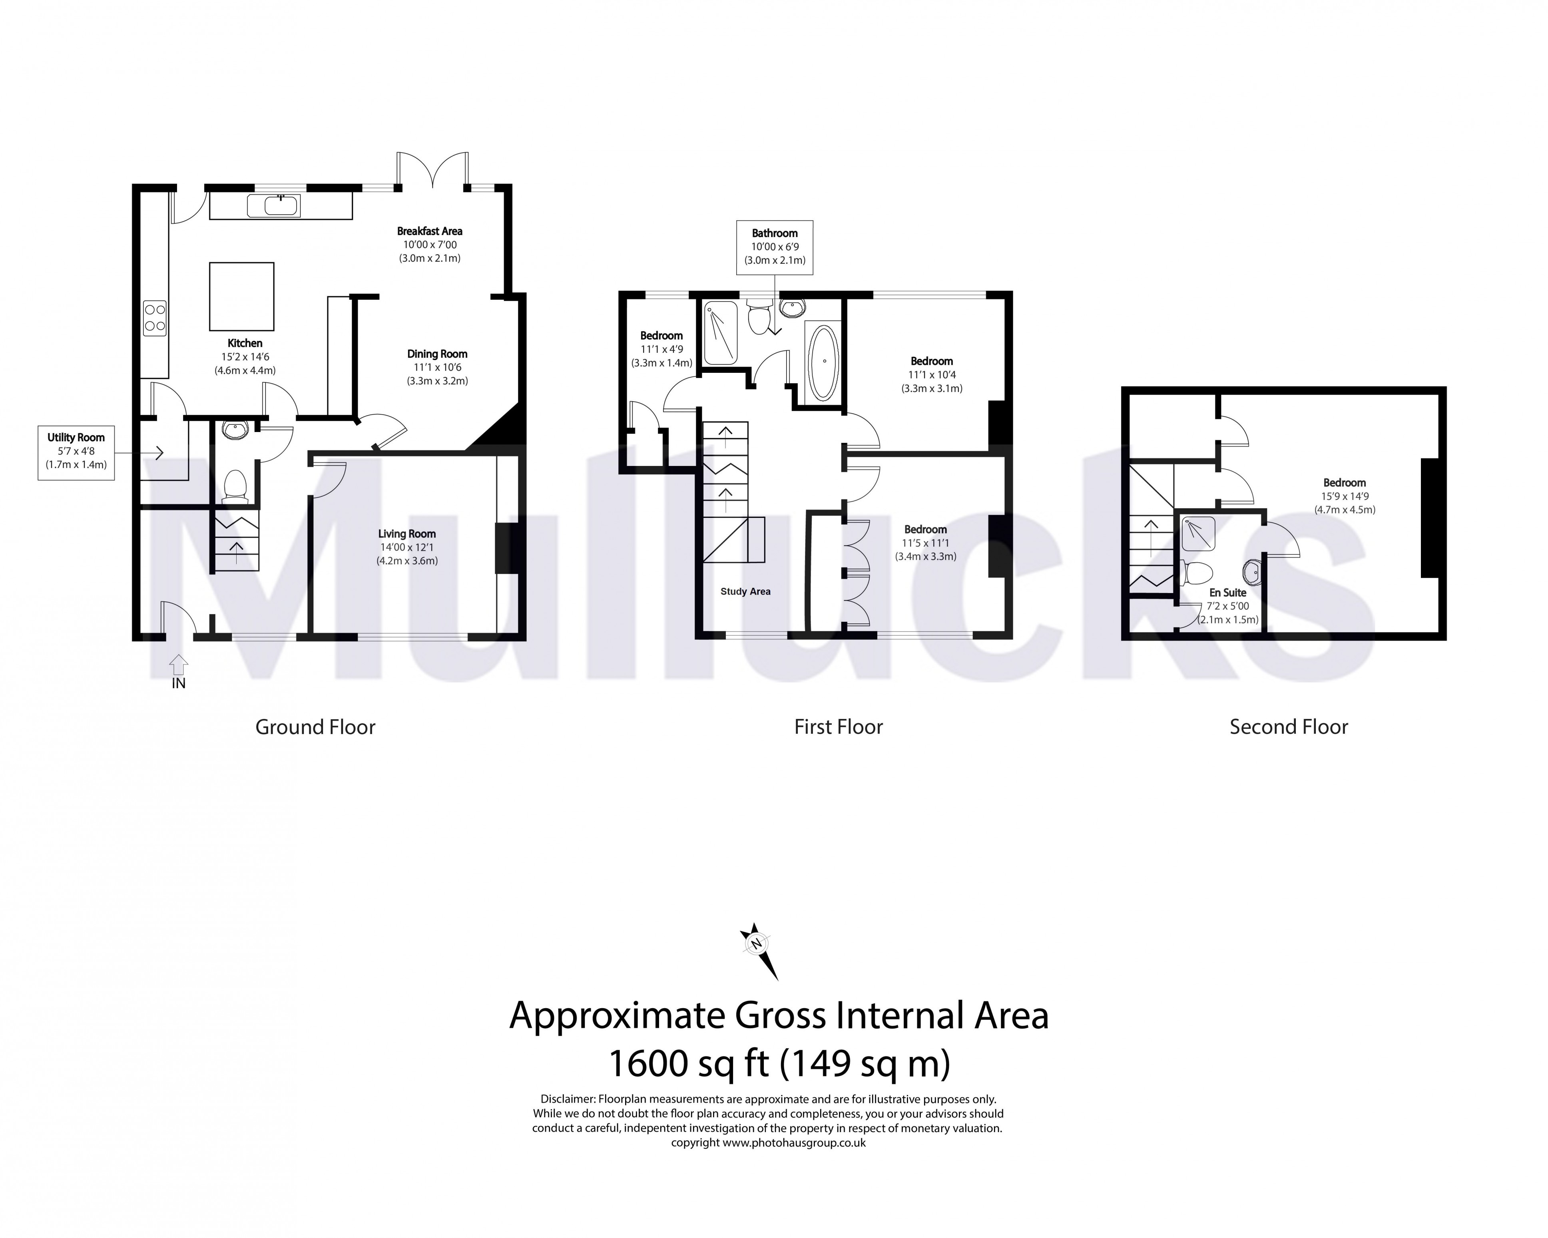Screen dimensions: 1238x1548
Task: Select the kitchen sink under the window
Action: [x=273, y=206]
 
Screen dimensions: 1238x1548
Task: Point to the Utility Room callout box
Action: [x=76, y=452]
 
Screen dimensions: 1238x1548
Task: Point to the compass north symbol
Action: [x=755, y=944]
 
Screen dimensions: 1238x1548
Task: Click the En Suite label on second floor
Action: [x=1228, y=592]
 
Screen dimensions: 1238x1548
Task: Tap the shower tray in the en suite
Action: [x=1197, y=533]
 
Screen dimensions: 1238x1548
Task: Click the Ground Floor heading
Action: [x=315, y=727]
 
